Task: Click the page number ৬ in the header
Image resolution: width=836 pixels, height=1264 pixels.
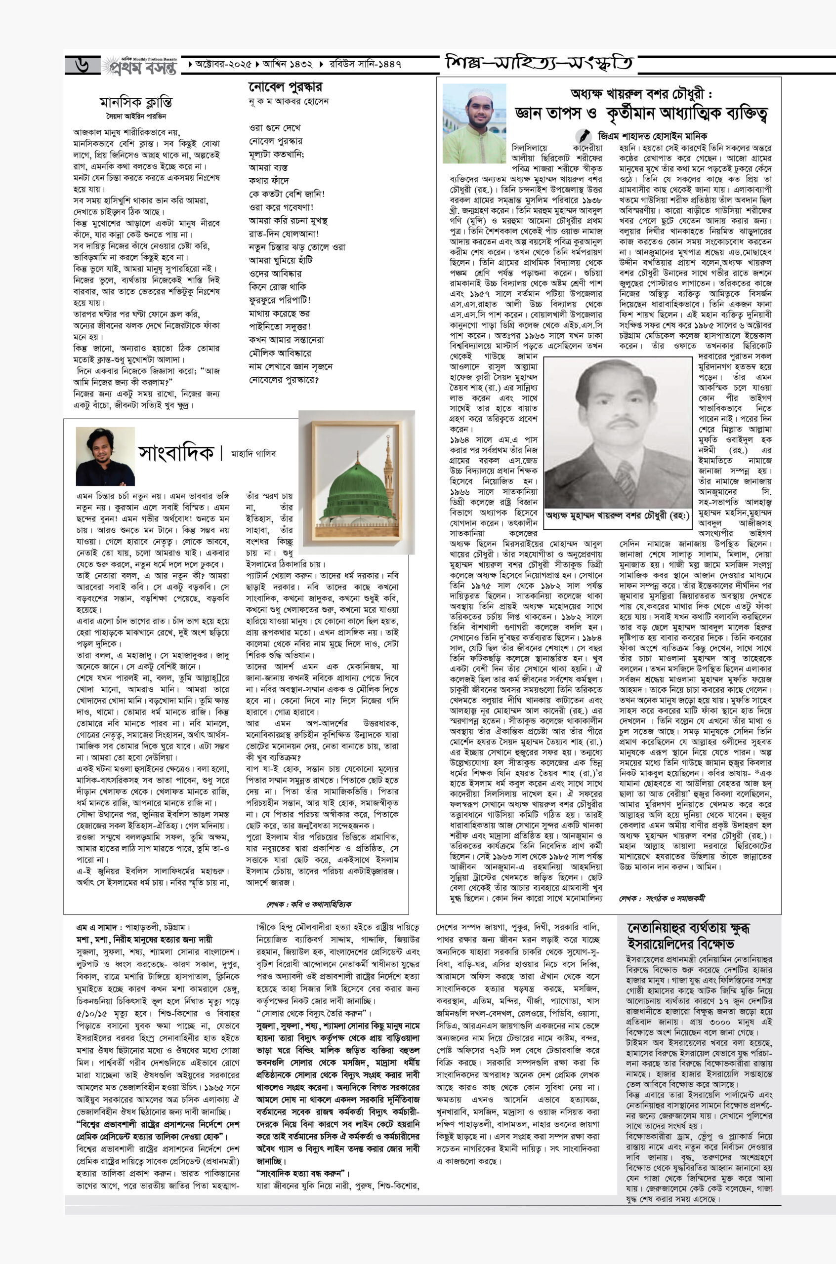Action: click(83, 65)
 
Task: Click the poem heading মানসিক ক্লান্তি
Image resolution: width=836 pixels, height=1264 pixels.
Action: click(136, 102)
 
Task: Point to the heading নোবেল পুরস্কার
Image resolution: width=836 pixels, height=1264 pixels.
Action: click(285, 87)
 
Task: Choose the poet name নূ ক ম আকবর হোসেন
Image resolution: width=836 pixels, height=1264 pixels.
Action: click(289, 101)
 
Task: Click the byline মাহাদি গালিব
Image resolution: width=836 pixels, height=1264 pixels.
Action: click(253, 454)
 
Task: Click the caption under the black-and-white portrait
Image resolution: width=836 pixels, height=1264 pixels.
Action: click(617, 515)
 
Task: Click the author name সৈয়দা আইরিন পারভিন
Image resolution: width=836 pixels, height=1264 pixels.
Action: click(135, 115)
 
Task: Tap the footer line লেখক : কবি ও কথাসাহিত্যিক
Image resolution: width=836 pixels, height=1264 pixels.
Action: click(309, 904)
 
